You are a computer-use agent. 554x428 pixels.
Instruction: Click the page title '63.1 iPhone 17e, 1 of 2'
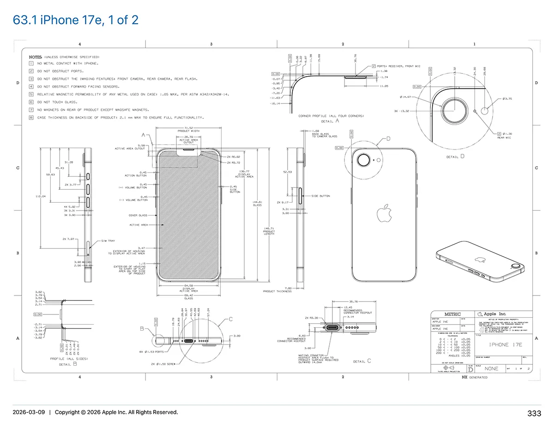point(76,20)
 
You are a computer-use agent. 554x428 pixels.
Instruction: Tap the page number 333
point(534,413)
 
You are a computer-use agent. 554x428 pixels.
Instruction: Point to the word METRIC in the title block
point(452,314)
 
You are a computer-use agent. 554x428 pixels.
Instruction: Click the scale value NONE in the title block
point(491,369)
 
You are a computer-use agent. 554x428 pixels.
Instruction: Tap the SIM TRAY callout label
point(108,241)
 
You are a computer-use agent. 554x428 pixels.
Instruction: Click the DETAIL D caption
point(455,157)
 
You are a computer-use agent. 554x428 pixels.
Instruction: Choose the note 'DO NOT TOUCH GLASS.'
point(57,102)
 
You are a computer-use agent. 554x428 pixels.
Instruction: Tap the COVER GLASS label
point(138,215)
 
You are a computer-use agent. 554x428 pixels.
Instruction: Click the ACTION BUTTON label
point(136,175)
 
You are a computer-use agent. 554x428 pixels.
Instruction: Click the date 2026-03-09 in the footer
point(29,412)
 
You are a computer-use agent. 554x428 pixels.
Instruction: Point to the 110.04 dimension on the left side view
point(41,197)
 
